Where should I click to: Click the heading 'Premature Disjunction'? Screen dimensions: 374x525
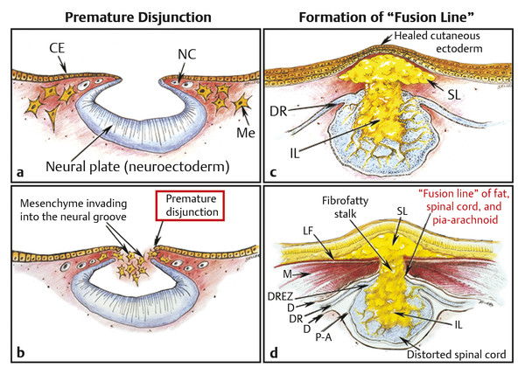[131, 15]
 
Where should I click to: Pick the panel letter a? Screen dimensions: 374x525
[14, 169]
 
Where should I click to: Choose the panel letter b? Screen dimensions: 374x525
[14, 353]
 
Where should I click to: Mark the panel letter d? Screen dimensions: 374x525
[273, 353]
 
